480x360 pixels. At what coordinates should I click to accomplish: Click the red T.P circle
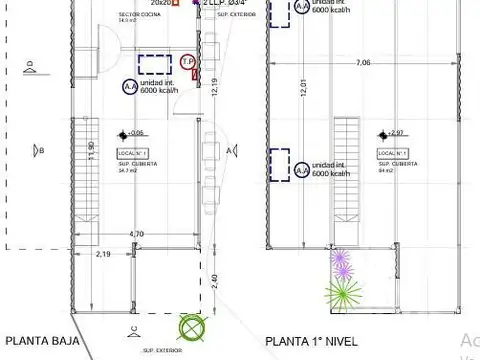(x=188, y=61)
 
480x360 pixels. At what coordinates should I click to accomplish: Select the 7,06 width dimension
(x=361, y=63)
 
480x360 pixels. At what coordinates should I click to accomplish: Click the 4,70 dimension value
(x=136, y=233)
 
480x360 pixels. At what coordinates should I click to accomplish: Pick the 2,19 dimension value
(x=103, y=255)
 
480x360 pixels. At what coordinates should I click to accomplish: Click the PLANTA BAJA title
(x=40, y=340)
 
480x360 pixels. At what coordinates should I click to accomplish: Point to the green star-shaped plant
(x=343, y=293)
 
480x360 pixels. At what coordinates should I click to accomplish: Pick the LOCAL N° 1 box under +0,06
(x=131, y=152)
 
